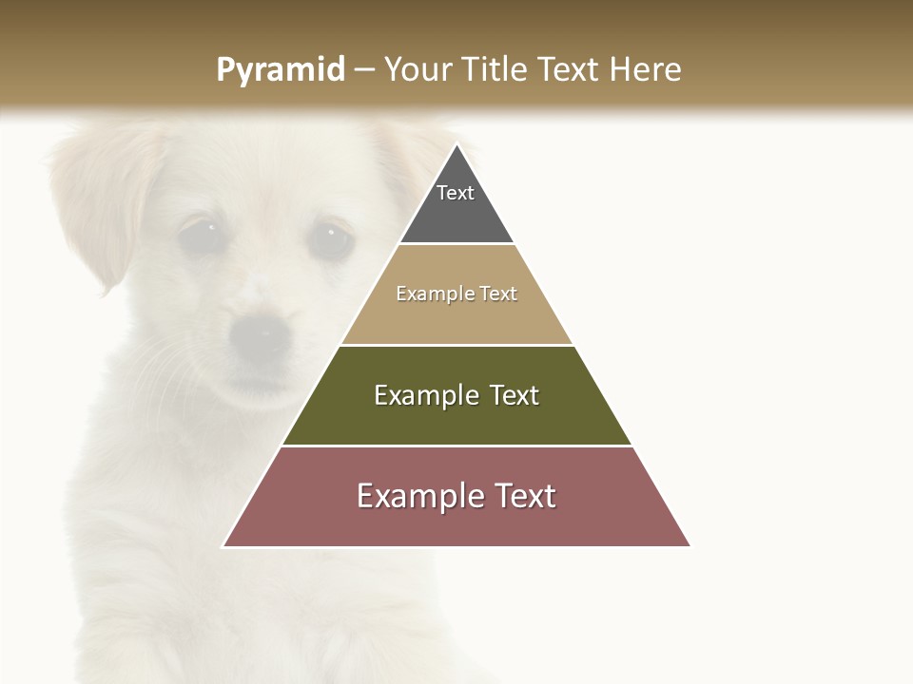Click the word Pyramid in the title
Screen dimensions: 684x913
280,70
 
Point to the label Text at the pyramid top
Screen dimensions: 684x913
456,193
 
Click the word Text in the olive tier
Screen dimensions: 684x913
515,395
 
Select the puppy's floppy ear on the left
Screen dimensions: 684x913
100,199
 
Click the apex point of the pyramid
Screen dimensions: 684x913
456,145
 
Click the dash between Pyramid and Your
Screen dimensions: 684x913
363,70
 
